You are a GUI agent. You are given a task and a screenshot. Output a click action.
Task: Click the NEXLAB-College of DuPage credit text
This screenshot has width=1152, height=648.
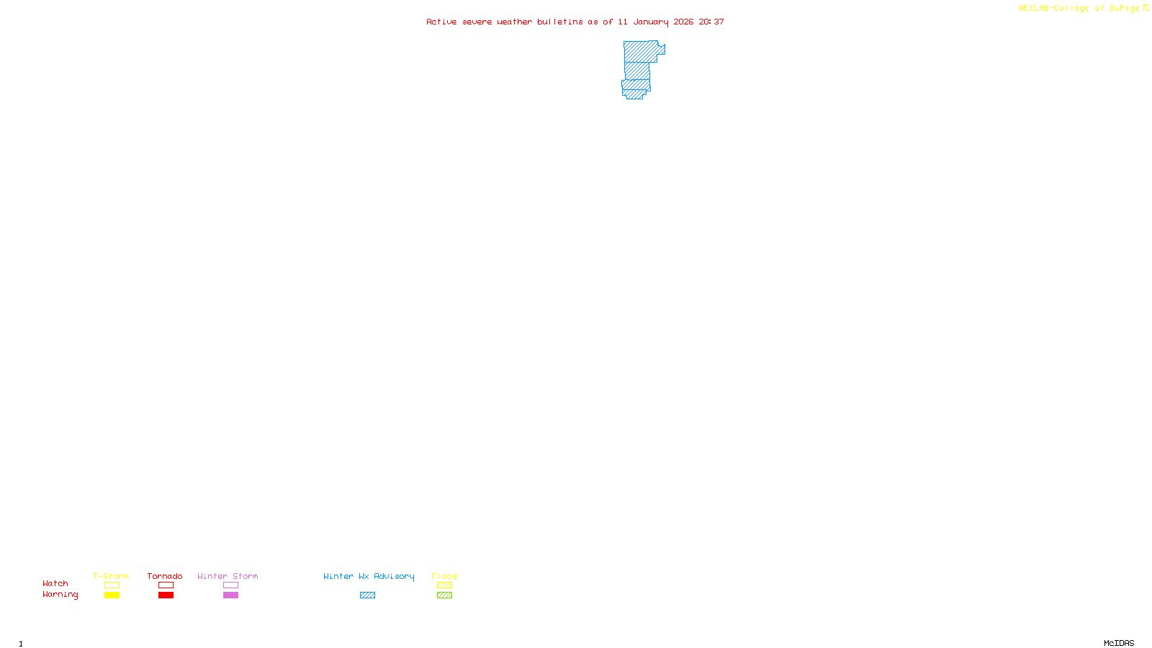click(1079, 9)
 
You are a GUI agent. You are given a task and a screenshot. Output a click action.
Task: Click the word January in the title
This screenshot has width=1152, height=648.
click(650, 22)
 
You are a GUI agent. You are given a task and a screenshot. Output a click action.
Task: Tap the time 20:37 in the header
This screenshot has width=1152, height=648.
click(711, 22)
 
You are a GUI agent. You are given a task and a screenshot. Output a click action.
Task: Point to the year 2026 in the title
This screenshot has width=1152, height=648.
click(683, 22)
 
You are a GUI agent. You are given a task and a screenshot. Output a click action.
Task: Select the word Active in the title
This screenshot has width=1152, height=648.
click(441, 22)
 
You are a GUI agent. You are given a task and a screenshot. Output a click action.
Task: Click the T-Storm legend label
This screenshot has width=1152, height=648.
click(111, 576)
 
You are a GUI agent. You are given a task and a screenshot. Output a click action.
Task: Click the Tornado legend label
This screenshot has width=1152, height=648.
click(165, 576)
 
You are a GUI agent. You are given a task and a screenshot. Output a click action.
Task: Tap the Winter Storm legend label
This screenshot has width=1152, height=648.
click(228, 576)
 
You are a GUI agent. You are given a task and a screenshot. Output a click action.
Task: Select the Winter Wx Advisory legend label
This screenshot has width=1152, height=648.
click(369, 576)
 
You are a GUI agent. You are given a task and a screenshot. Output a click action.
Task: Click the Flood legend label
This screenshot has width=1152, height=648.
click(444, 576)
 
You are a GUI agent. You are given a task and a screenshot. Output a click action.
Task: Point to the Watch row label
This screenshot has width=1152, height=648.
click(55, 583)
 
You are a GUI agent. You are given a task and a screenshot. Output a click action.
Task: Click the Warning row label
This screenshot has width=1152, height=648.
click(60, 595)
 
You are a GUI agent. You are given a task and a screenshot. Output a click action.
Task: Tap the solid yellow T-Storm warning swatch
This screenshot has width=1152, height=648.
click(112, 595)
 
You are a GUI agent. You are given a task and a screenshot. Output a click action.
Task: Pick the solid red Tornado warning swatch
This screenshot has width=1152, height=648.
click(166, 595)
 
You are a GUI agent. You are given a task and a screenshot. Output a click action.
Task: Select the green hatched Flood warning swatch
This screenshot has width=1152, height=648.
click(444, 595)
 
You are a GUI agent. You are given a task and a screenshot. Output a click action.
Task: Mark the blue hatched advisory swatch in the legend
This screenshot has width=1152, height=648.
click(367, 595)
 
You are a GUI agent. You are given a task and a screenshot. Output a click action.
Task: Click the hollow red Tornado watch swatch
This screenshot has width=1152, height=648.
click(166, 585)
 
